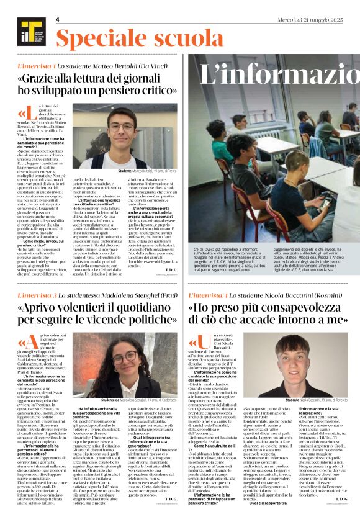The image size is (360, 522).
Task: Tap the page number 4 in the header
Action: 57,19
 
